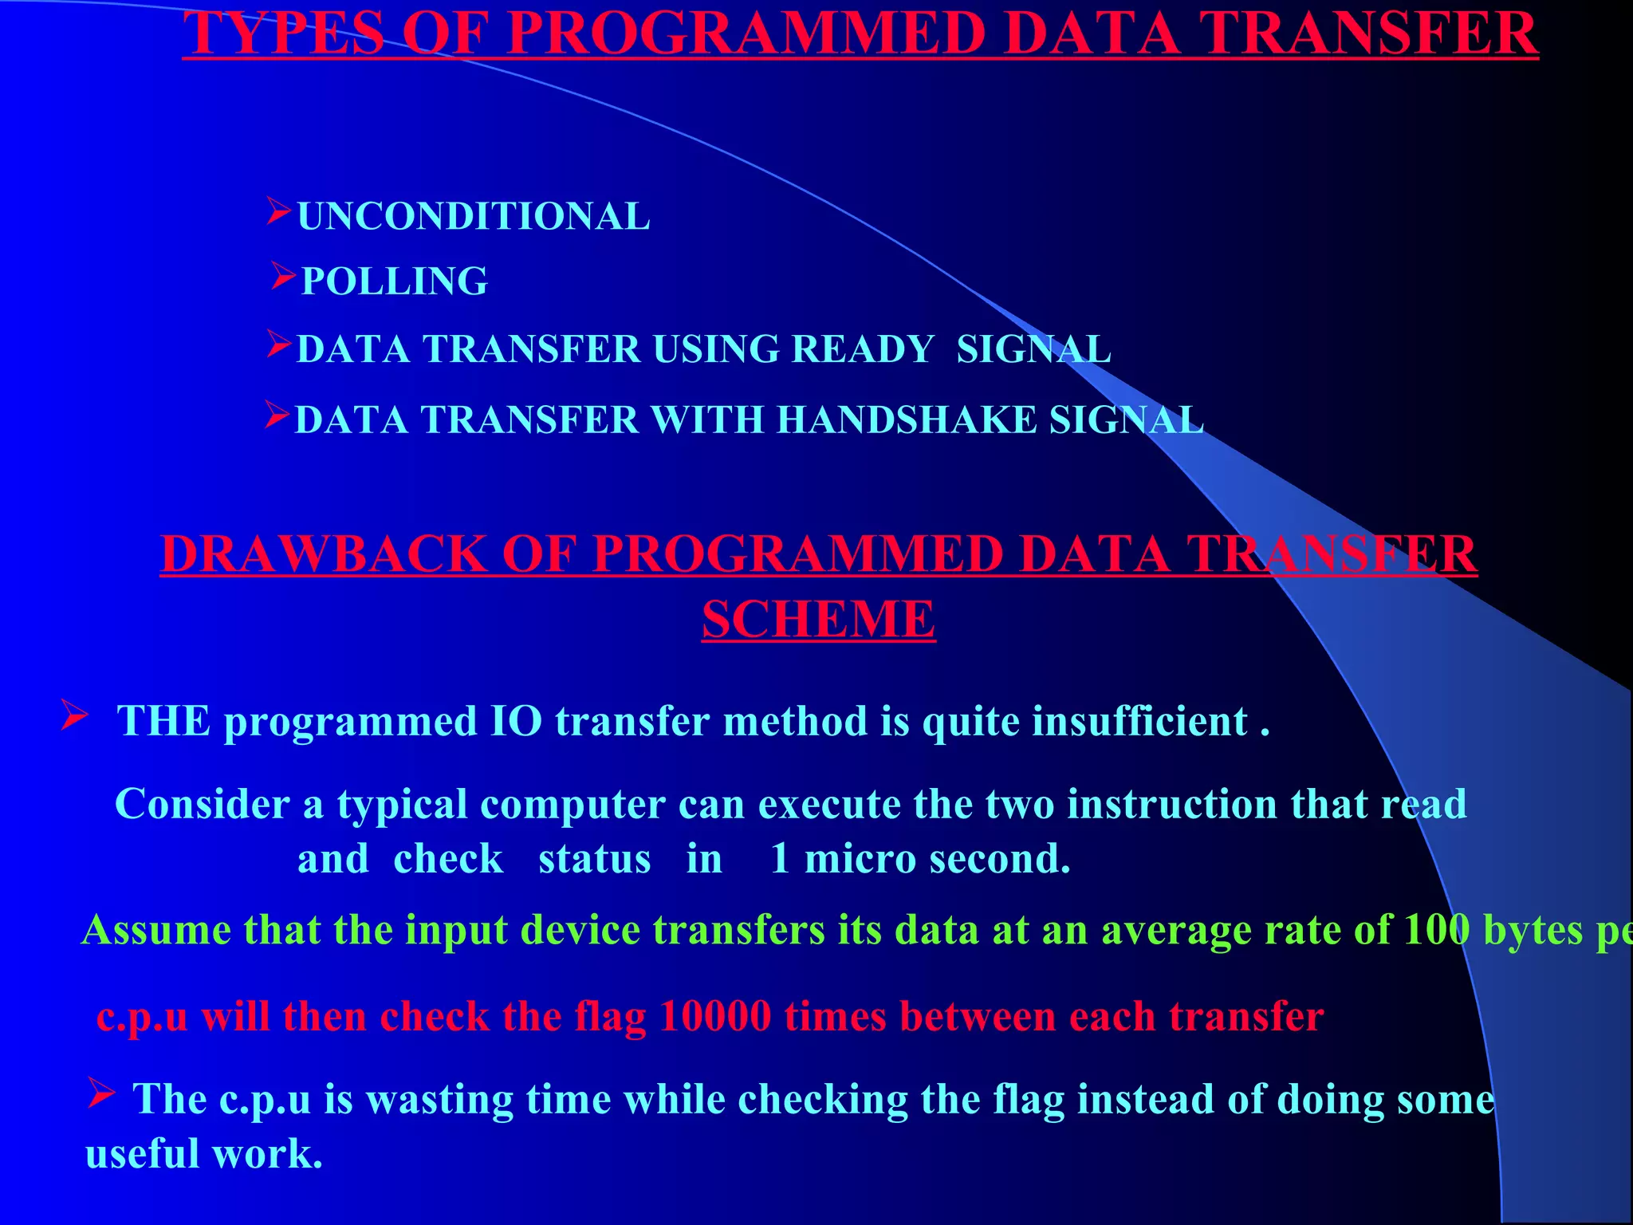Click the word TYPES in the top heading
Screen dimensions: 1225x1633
point(284,33)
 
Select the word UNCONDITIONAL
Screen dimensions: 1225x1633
point(474,217)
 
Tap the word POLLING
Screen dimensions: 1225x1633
point(395,282)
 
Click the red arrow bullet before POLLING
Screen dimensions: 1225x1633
point(283,276)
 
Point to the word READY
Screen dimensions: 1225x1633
point(862,349)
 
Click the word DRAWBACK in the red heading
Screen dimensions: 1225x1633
point(324,553)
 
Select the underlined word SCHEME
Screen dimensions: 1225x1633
point(818,620)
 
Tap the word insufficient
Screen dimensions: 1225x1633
point(1139,721)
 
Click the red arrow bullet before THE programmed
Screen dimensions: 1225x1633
point(75,715)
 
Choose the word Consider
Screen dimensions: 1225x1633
point(203,804)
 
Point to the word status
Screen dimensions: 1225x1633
point(594,860)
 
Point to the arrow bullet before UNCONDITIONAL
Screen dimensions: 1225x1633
point(279,211)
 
